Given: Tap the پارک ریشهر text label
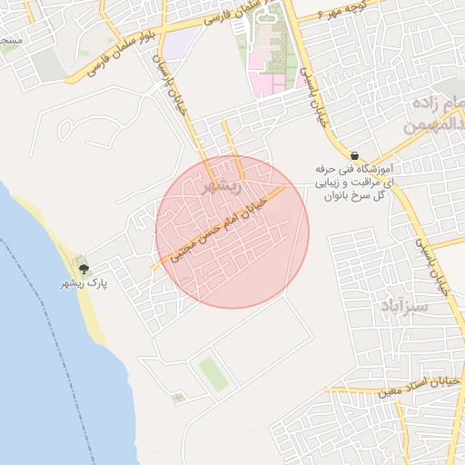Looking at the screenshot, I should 84,284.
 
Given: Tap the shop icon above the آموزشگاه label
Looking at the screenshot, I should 353,154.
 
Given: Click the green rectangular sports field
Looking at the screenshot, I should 213,373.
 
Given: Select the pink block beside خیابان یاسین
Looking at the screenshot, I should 272,83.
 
